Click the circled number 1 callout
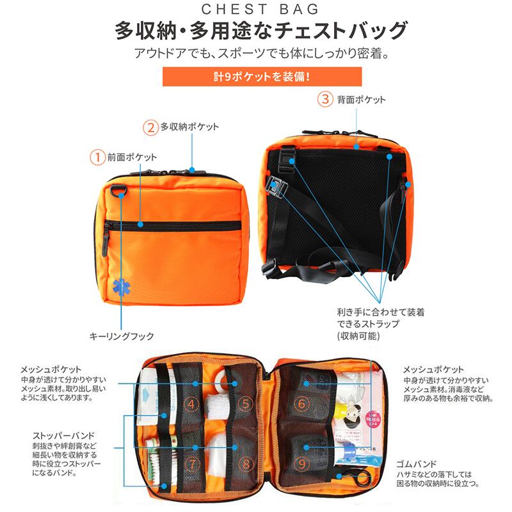[x=97, y=156]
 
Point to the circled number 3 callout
[x=326, y=99]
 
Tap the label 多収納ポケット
[x=189, y=126]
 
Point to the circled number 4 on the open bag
[x=191, y=404]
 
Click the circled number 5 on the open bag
[x=246, y=404]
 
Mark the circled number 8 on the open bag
[x=246, y=461]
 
